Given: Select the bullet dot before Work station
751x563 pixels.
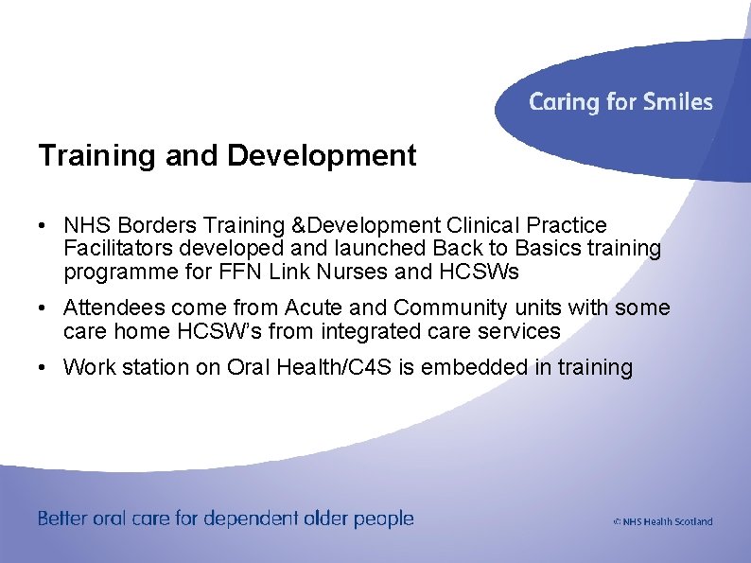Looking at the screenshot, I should tap(44, 367).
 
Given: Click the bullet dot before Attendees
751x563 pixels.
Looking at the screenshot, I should tap(44, 308).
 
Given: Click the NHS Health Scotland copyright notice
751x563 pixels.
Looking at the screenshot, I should tap(662, 521).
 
